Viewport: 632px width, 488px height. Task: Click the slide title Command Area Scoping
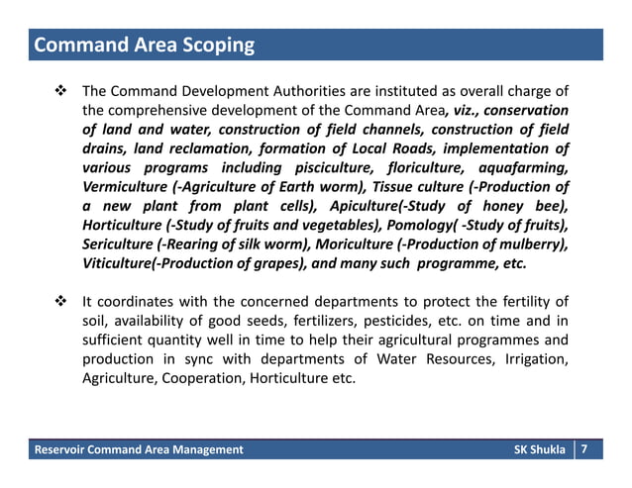[x=145, y=46]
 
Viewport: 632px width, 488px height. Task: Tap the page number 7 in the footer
[x=585, y=450]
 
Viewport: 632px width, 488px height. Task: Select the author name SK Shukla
[x=541, y=450]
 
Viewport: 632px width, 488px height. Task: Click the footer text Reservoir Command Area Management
[x=139, y=450]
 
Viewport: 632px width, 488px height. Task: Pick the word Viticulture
[x=118, y=265]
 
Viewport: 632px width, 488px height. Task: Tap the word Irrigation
[x=531, y=359]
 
